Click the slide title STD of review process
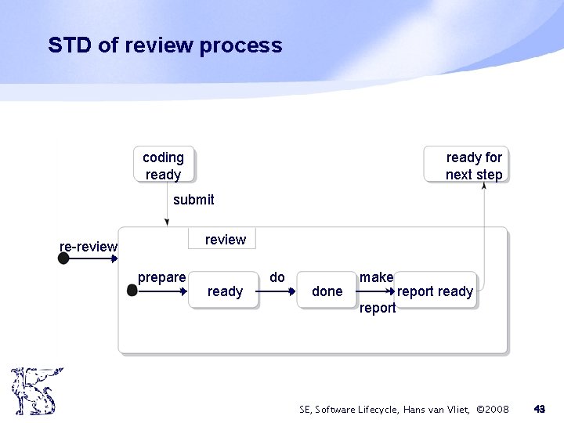[x=164, y=45]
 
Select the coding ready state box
[x=163, y=165]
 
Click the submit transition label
[x=193, y=200]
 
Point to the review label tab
[x=225, y=240]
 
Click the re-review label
[x=89, y=248]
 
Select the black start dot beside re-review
[x=63, y=258]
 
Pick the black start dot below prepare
[x=132, y=291]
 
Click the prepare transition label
[x=161, y=277]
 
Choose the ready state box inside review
[x=225, y=291]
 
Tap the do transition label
[x=277, y=277]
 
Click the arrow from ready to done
[x=274, y=291]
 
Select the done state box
[x=327, y=291]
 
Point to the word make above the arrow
[x=376, y=277]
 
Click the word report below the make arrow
[x=378, y=308]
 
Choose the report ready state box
[x=436, y=291]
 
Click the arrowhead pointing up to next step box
[x=484, y=187]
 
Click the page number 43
[x=539, y=409]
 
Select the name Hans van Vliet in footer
[x=433, y=409]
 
